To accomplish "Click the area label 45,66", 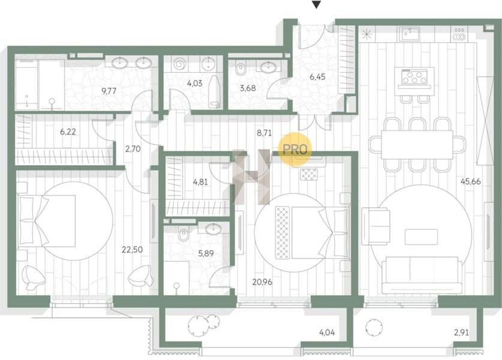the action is pos(470,181).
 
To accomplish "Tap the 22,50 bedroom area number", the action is pos(132,249).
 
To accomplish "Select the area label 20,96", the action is pos(262,282).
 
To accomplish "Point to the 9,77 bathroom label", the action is pos(109,91).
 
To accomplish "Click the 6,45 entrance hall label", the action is pos(317,77).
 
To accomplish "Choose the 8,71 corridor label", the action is pos(264,133).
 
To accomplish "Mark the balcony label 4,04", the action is pos(327,332).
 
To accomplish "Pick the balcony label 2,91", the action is pos(461,332).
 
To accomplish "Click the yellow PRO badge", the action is pos(295,149).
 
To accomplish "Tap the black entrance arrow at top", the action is pos(316,5).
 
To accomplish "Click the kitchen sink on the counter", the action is pos(410,34).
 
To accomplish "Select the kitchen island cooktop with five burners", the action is pos(414,77).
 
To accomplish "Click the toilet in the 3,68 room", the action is pos(241,69).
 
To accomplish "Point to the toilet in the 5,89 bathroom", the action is pos(184,235).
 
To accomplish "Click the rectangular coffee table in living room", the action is pos(421,237).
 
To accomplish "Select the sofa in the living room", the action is pos(422,275).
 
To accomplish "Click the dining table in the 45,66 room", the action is pos(417,145).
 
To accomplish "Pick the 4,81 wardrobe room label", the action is pos(200,182).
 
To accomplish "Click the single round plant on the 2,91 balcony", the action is pos(374,327).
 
